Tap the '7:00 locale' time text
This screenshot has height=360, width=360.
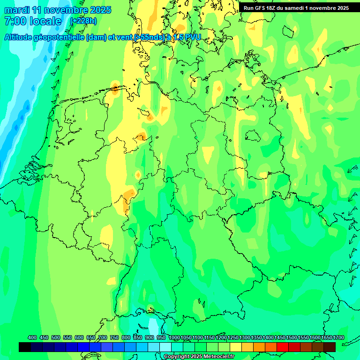[x=33, y=21]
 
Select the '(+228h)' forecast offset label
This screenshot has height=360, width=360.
[x=83, y=21]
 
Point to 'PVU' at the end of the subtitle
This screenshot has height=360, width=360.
[x=191, y=37]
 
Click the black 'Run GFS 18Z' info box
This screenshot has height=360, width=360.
[x=296, y=7]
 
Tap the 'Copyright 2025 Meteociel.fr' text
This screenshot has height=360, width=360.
[x=199, y=357]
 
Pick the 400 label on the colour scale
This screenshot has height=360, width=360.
[x=32, y=338]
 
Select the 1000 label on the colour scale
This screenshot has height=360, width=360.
[x=174, y=338]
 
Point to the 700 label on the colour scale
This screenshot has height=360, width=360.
[x=103, y=338]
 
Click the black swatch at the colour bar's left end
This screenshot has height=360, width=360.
[x=25, y=347]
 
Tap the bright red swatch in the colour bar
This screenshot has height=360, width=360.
[x=283, y=347]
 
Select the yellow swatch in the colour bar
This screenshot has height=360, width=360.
[x=236, y=347]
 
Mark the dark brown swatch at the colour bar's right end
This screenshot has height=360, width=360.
[x=330, y=347]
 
